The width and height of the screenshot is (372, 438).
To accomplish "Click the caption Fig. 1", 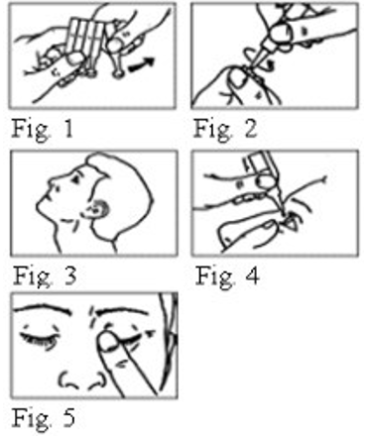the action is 42,129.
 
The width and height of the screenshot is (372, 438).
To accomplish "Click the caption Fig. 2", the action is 225,129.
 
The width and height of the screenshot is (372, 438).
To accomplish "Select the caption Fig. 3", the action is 45,275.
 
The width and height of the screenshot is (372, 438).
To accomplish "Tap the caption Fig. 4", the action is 227,275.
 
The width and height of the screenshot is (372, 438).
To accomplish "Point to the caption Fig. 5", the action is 44,418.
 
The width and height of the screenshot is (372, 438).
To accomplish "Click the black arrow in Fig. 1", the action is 141,63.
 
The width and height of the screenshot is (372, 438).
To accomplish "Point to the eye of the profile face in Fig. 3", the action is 76,179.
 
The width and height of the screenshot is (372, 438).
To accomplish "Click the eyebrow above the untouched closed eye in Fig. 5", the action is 43,310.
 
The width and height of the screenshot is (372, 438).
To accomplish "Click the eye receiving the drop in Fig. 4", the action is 292,222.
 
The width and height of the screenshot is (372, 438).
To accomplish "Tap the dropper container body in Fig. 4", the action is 260,163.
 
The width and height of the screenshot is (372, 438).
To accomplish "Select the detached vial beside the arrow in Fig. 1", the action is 116,57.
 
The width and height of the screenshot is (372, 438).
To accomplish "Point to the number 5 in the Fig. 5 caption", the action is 67,418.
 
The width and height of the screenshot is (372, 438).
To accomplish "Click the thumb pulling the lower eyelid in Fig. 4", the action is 249,233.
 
